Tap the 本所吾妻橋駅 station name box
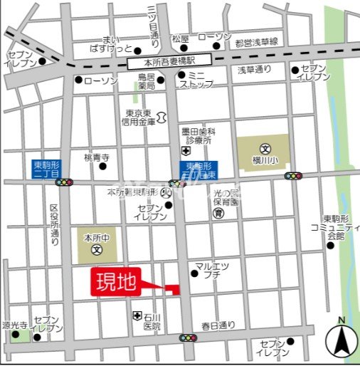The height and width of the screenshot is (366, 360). [x=170, y=63]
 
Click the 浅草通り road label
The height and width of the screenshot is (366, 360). [x=254, y=69]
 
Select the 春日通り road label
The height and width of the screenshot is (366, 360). [x=217, y=326]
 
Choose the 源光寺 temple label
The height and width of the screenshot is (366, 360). [x=14, y=324]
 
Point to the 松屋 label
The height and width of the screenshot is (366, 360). [x=180, y=38]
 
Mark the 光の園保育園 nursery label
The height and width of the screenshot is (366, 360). [x=229, y=197]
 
